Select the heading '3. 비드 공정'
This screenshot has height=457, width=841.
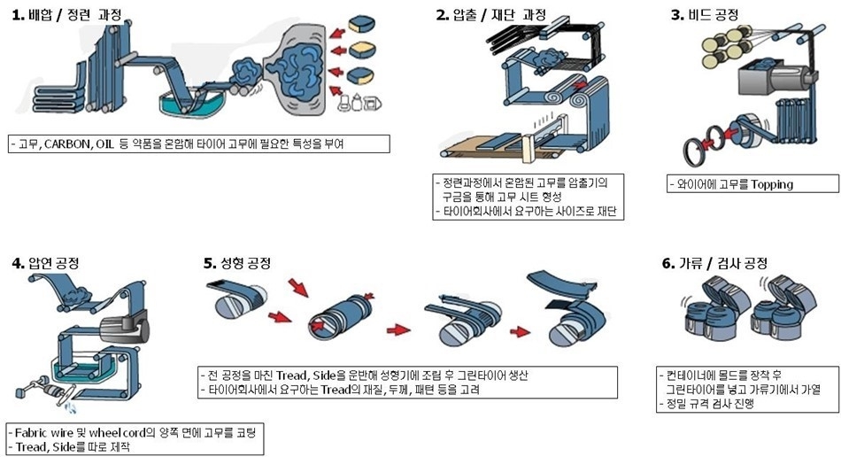[x=705, y=15]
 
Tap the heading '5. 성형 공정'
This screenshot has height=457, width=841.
[x=237, y=263]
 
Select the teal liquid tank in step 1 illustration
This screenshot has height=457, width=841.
[x=188, y=104]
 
